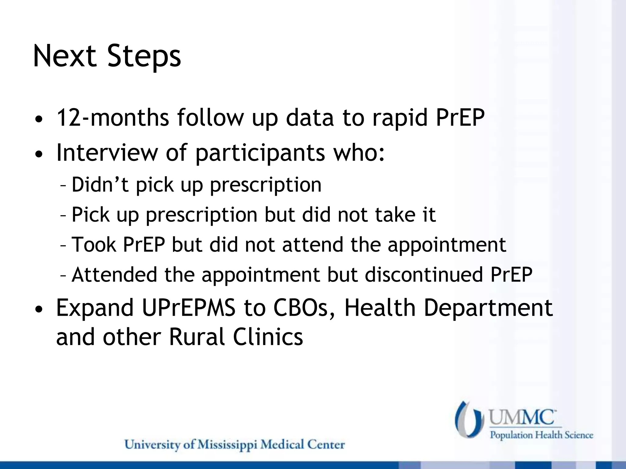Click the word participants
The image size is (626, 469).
pos(260,153)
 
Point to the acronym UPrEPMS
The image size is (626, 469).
pos(189,308)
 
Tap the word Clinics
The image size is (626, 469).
pos(268,337)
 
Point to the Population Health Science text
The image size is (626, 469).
pos(541,435)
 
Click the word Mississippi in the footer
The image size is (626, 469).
pos(227,445)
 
